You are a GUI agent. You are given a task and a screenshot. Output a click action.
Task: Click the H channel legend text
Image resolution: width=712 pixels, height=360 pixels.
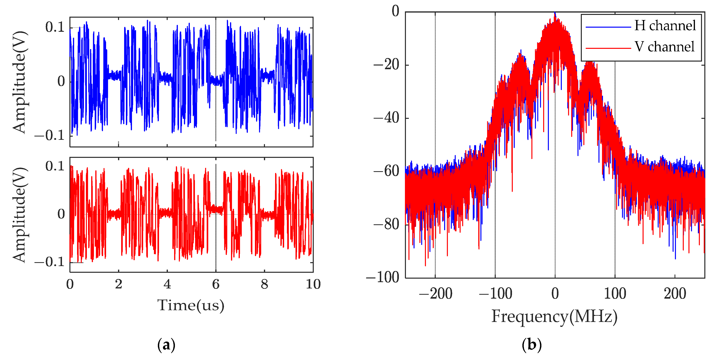pyautogui.click(x=665, y=26)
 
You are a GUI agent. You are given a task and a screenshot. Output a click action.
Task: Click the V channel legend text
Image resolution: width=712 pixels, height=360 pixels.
pyautogui.click(x=664, y=47)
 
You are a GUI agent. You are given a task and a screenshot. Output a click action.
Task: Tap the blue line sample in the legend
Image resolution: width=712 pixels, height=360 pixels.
pyautogui.click(x=608, y=27)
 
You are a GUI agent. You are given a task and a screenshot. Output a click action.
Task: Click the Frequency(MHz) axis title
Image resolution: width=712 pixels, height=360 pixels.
pyautogui.click(x=554, y=316)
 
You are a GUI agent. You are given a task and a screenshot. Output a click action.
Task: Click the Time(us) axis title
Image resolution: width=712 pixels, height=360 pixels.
pyautogui.click(x=191, y=305)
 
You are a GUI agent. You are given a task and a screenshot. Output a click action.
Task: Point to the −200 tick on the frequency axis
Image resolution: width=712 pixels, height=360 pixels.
pyautogui.click(x=436, y=293)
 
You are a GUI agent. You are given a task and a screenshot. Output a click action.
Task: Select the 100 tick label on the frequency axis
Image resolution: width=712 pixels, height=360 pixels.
pyautogui.click(x=615, y=293)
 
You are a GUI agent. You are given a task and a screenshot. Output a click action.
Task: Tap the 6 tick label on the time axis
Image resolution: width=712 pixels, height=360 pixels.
pyautogui.click(x=216, y=284)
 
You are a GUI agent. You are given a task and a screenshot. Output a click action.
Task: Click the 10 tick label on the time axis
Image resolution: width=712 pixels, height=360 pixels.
pyautogui.click(x=313, y=284)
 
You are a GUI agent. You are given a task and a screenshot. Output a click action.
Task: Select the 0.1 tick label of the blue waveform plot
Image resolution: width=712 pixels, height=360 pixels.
pyautogui.click(x=55, y=27)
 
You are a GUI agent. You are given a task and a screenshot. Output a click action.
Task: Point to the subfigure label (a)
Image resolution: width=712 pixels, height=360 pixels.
pyautogui.click(x=166, y=345)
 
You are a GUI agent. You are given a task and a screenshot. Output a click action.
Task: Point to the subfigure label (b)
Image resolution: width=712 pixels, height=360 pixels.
pyautogui.click(x=532, y=345)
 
